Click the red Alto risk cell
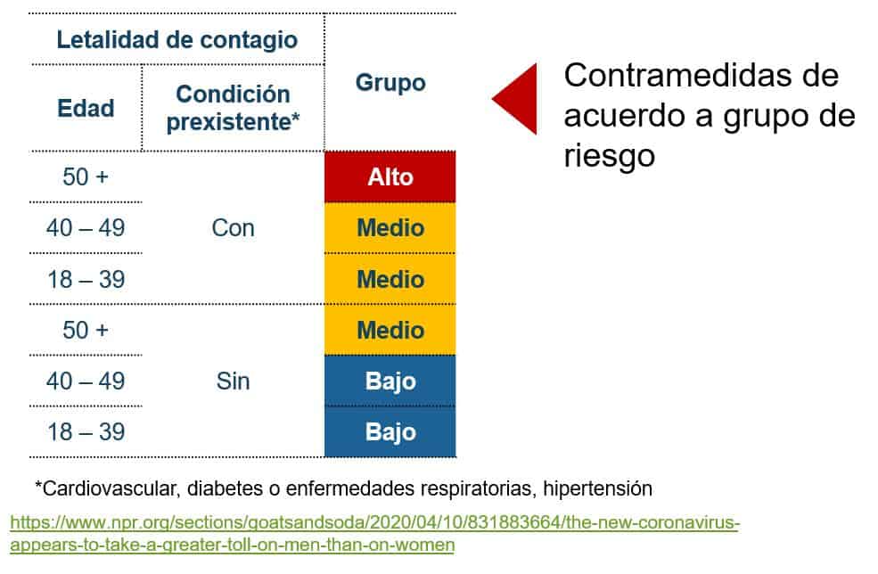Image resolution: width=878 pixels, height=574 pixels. point(390,177)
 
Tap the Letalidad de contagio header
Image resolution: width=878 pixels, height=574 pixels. point(177,40)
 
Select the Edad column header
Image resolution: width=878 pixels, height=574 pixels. point(86,108)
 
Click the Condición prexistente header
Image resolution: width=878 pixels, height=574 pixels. point(233,108)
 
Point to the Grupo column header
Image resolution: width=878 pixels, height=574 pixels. point(390,82)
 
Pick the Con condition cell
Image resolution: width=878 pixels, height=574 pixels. point(233,228)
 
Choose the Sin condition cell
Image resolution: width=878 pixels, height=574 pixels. point(233,381)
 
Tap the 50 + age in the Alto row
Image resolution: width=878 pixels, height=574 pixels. point(85,177)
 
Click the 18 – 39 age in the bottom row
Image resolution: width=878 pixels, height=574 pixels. point(86,432)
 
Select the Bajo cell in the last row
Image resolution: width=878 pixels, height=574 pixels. point(390,432)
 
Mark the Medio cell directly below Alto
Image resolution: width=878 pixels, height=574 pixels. point(390,228)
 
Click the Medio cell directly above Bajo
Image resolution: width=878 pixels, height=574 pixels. point(390,330)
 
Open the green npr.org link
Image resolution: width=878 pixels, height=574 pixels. point(374,533)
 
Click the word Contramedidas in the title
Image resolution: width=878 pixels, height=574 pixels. point(701,75)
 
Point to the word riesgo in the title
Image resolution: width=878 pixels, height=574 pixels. point(609,155)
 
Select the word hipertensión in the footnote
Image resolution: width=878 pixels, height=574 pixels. point(597,488)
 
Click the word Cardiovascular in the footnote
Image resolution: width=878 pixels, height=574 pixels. point(111,488)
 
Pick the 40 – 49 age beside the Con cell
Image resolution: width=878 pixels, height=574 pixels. point(86,228)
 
